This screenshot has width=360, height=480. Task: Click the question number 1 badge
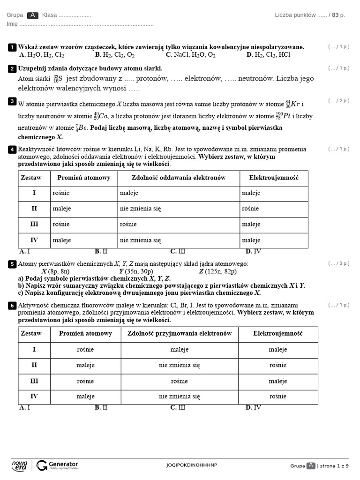pos(12,47)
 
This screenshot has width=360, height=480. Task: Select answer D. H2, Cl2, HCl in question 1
pos(268,55)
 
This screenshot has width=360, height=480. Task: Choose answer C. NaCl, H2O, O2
pos(190,55)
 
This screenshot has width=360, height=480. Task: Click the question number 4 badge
pos(12,150)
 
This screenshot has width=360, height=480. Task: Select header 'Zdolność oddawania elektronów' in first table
pos(178,178)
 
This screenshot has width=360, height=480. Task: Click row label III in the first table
pos(34,225)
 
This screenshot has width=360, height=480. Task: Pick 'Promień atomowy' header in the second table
pos(85,334)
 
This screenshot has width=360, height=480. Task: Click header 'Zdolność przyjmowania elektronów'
pos(180,334)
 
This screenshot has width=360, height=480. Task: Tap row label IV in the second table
pos(34,396)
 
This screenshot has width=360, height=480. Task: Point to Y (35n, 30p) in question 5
pos(136,271)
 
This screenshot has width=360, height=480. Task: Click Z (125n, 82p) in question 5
pos(217,271)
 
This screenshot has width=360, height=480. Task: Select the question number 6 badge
pos(12,306)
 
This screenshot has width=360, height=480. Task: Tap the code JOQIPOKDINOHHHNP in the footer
pos(192,465)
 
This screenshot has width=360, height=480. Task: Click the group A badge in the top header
pos(32,15)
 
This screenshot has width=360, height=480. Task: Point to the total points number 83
pos(335,15)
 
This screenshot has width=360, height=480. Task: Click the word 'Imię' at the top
pos(12,24)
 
